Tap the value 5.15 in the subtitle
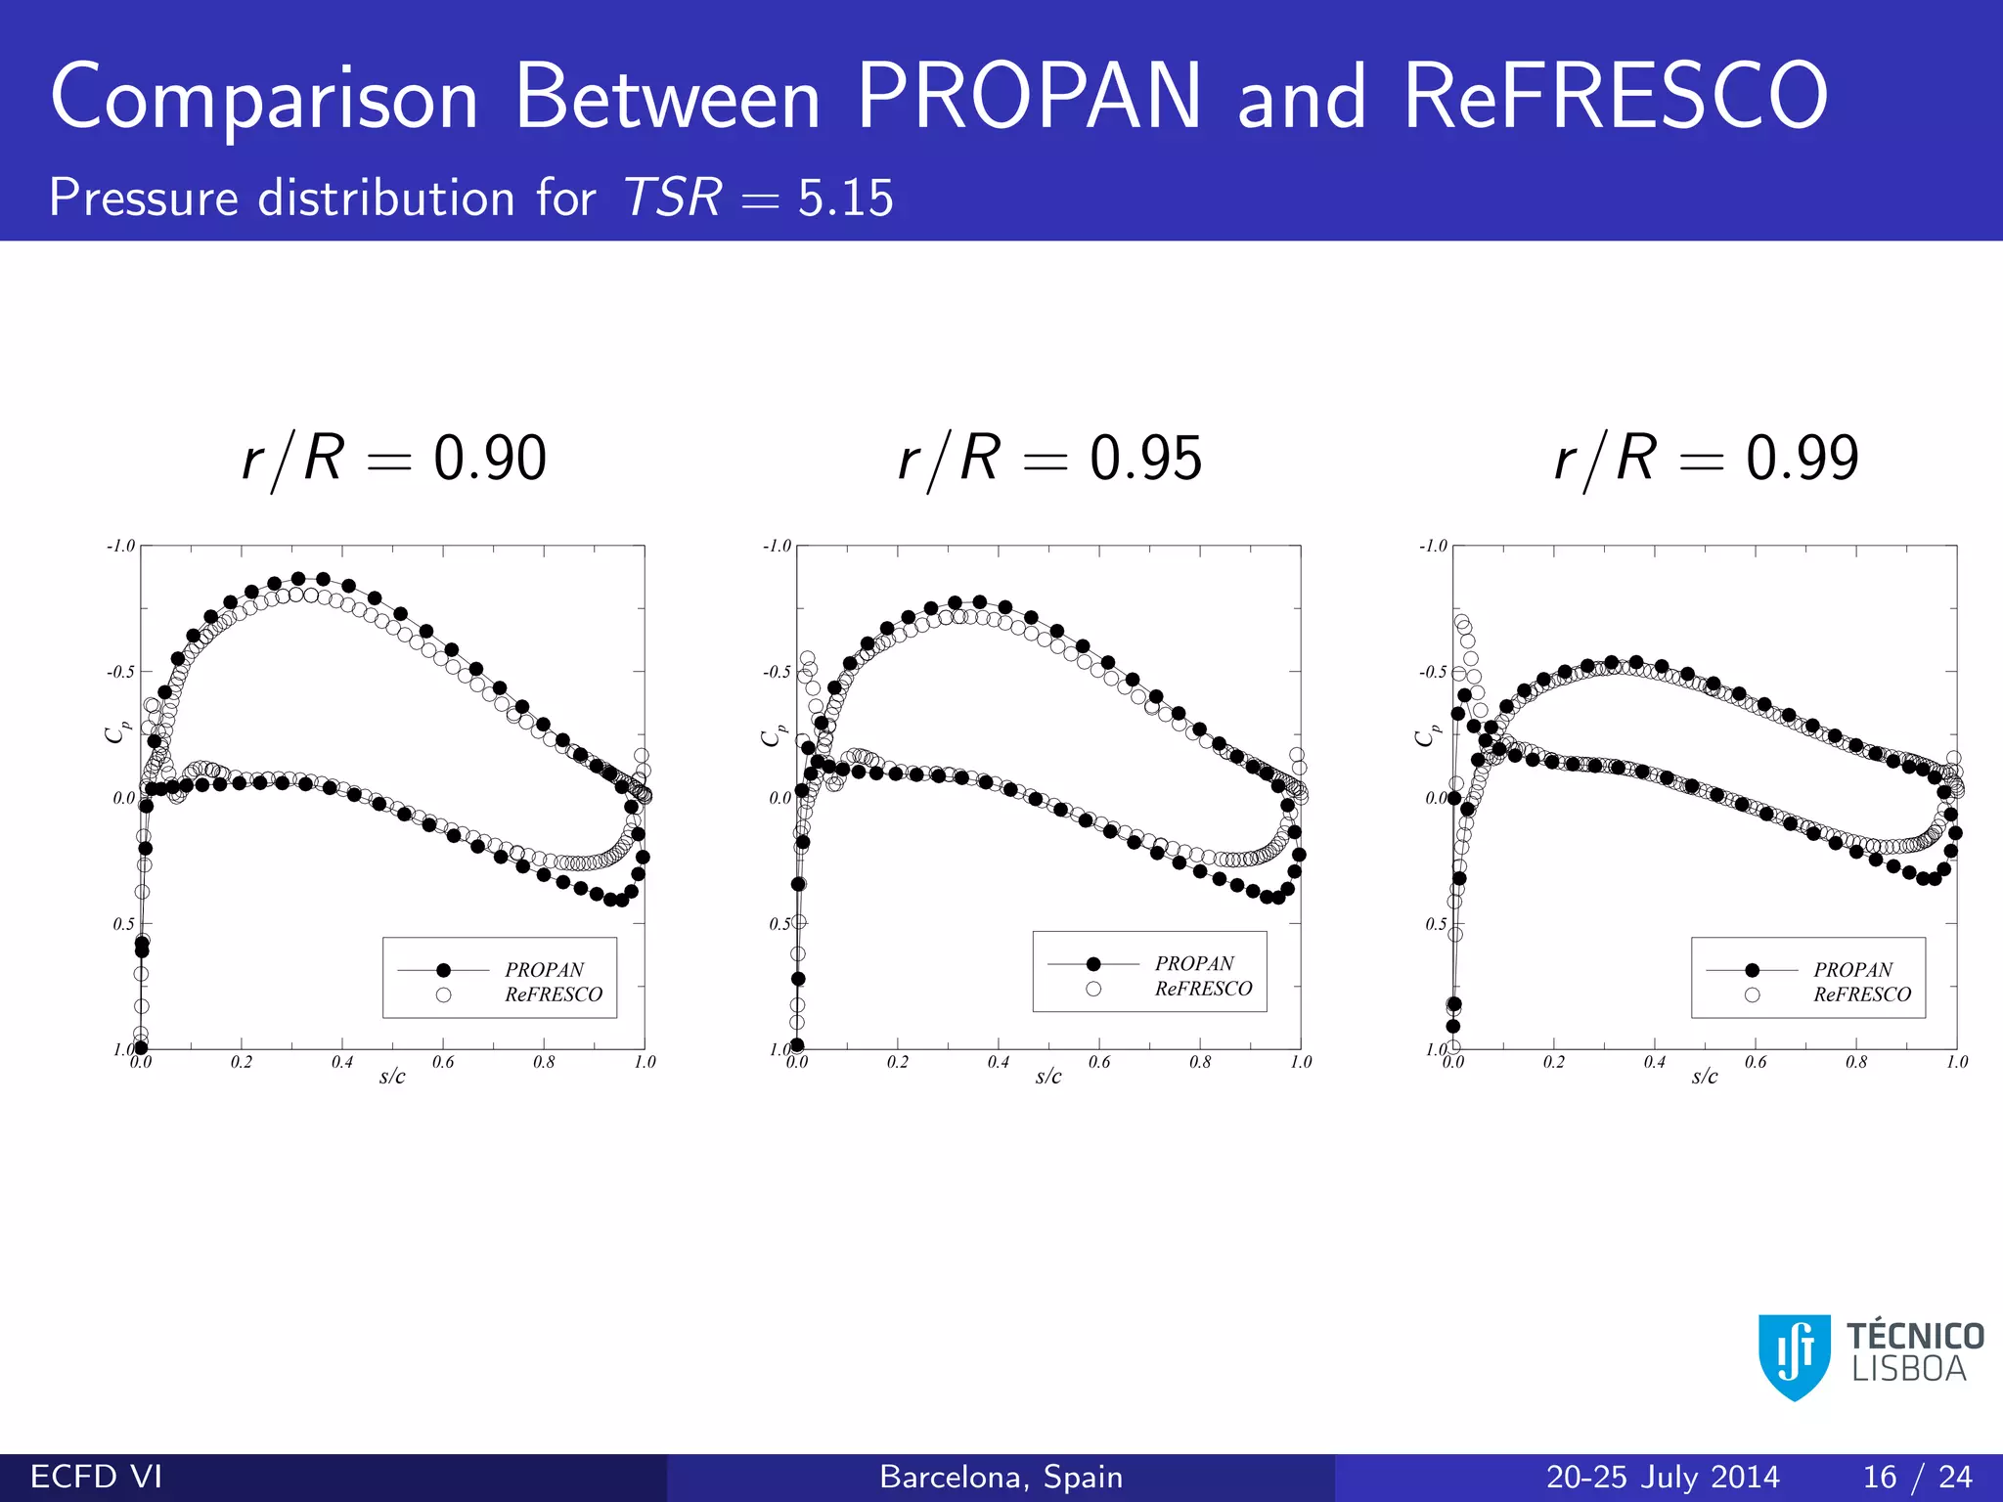(x=845, y=199)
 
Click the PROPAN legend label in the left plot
(x=544, y=970)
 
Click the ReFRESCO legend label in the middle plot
(x=1203, y=989)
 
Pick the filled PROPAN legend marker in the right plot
(x=1752, y=970)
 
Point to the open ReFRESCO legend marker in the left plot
(x=443, y=994)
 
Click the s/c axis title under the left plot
(x=392, y=1077)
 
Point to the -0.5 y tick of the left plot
(x=121, y=672)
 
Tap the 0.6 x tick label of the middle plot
(x=1099, y=1062)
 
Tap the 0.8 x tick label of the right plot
(x=1856, y=1062)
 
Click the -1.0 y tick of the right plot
(x=1433, y=546)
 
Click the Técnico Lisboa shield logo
(x=1795, y=1356)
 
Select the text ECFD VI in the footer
(x=96, y=1477)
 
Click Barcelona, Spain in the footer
(x=1001, y=1477)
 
